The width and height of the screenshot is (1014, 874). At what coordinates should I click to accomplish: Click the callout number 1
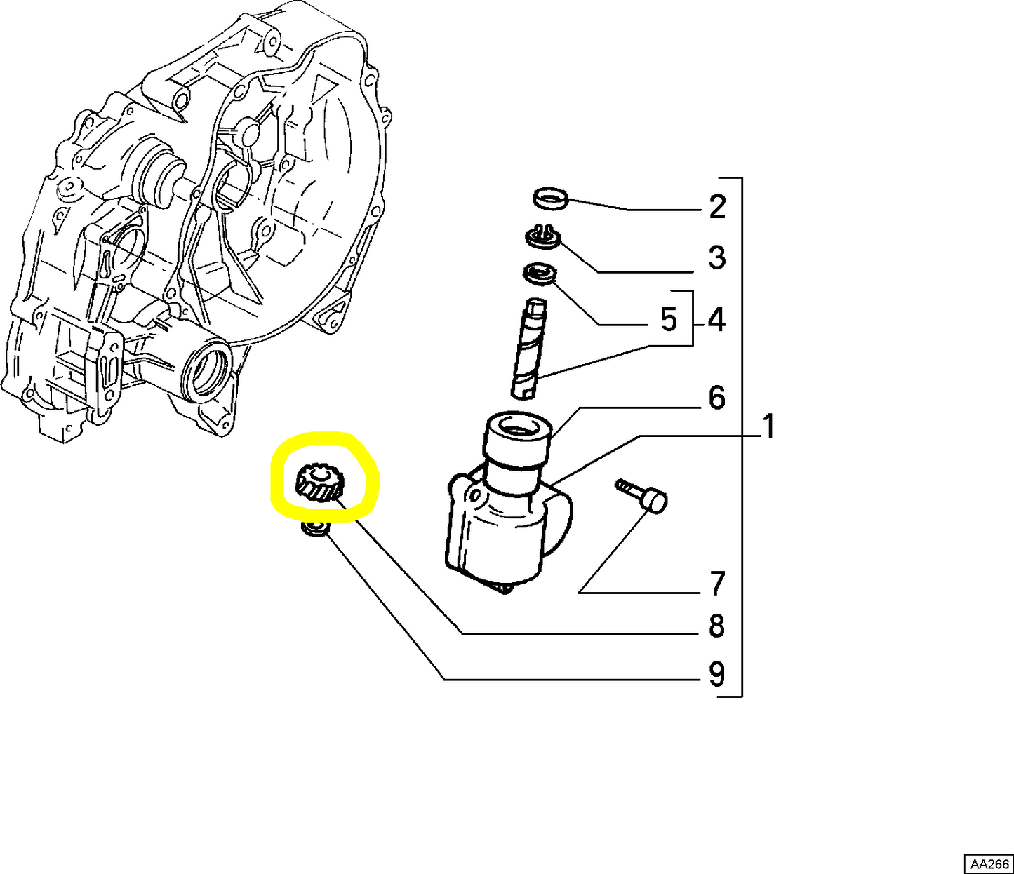coord(768,426)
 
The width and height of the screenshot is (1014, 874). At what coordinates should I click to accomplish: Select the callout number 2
coord(717,206)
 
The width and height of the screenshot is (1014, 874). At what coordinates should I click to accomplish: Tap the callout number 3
coord(717,257)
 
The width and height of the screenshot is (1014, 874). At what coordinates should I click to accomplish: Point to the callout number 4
coord(716,321)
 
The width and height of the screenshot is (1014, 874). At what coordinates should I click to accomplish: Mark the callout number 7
coord(717,583)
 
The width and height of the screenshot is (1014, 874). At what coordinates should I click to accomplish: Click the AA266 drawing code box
coord(988,863)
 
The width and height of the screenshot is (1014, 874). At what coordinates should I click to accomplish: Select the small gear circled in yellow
coord(319,485)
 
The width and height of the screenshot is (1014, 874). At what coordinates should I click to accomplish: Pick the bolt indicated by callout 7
coord(642,495)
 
